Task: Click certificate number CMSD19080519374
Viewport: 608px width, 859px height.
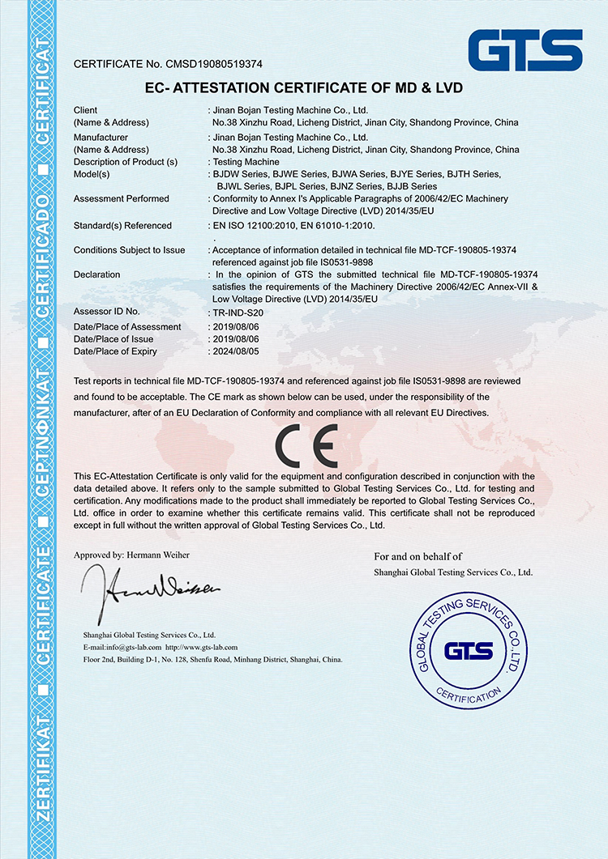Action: (x=216, y=63)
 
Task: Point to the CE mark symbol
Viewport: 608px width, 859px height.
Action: (x=304, y=443)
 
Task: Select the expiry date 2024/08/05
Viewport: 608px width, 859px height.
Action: (x=236, y=351)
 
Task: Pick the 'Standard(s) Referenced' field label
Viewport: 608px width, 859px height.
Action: (x=122, y=226)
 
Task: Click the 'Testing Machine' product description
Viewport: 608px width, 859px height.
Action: (x=246, y=162)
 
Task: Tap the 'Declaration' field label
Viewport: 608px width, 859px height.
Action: (x=96, y=274)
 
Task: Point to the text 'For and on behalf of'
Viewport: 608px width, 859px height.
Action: (x=417, y=556)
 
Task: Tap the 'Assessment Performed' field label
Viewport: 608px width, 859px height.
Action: (x=122, y=198)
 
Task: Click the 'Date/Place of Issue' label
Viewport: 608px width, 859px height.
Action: (x=113, y=339)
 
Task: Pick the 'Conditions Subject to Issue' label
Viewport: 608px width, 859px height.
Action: (x=130, y=250)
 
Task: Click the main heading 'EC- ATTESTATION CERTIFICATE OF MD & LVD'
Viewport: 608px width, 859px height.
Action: (x=303, y=87)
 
